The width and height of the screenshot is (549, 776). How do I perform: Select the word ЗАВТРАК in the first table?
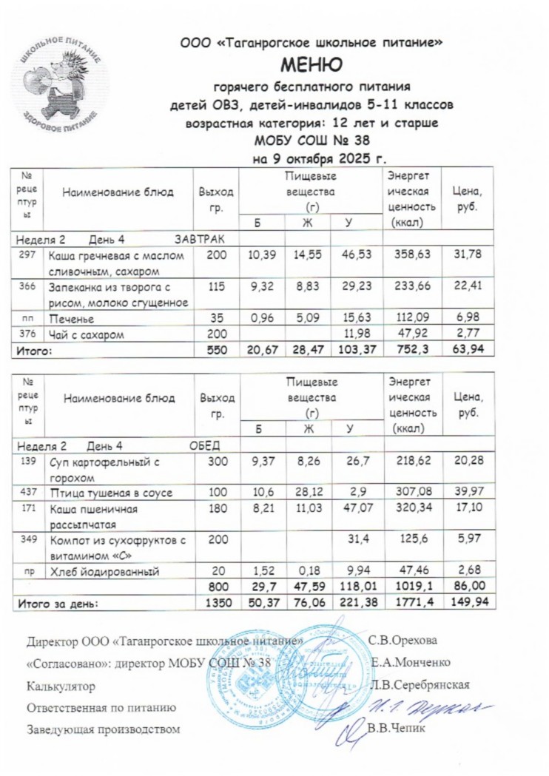(198, 238)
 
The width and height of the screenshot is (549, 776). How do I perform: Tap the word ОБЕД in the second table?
(205, 445)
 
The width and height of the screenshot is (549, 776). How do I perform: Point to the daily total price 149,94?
(468, 603)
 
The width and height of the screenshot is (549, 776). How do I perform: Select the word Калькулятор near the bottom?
(61, 686)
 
